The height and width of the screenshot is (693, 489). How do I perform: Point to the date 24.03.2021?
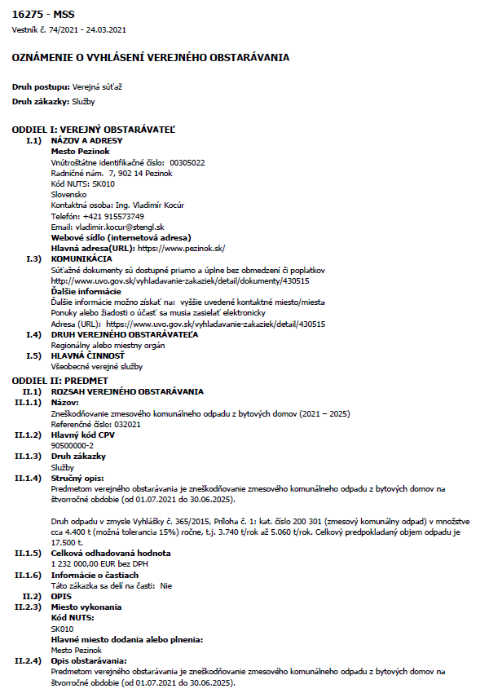(104, 30)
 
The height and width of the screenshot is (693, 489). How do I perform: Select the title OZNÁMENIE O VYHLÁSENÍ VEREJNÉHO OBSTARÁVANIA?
(150, 58)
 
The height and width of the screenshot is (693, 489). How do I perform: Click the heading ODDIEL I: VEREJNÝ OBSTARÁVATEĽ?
(93, 130)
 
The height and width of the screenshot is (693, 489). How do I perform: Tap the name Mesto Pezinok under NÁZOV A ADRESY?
(81, 152)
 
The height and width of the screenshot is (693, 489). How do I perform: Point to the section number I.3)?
(33, 258)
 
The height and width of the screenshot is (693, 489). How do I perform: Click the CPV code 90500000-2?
(73, 446)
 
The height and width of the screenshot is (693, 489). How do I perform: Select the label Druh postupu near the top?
(41, 86)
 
